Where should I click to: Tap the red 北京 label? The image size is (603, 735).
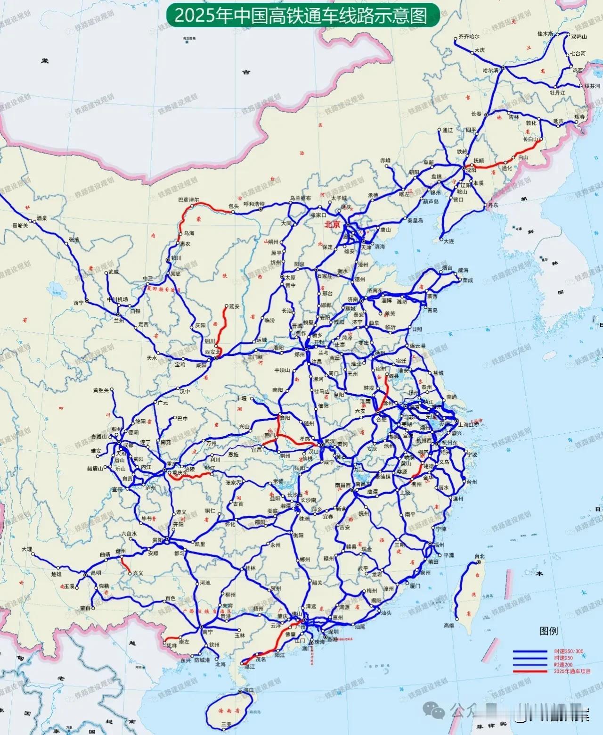332,225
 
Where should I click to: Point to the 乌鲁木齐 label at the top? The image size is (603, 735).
187,37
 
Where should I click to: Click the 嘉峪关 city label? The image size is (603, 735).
20,225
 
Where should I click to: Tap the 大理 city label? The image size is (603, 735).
27,550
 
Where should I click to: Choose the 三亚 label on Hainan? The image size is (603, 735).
227,723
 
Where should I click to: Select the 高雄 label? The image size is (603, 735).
449,625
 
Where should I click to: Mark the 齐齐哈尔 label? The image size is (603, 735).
469,36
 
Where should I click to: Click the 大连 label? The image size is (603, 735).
449,241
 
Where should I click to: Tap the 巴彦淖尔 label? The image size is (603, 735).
188,199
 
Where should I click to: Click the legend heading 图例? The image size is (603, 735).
549,631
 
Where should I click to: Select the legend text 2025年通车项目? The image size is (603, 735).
572,671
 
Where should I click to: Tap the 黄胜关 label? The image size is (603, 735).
101,390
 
